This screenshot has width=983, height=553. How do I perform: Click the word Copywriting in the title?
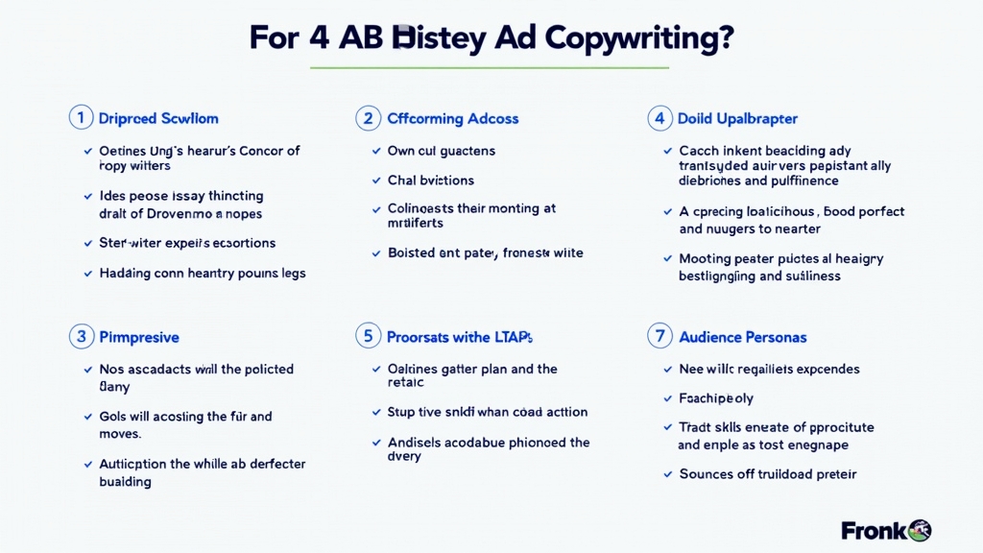(639, 37)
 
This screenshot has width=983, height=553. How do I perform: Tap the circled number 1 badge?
(81, 118)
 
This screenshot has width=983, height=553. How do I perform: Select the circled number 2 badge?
(368, 118)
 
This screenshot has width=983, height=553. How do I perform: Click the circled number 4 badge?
(659, 118)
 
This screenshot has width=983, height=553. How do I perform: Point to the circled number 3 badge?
(81, 337)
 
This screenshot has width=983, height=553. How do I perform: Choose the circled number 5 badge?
(368, 337)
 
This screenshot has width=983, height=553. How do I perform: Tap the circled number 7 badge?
(659, 337)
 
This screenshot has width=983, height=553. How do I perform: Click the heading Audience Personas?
(742, 337)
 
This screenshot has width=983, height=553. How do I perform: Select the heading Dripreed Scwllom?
(158, 119)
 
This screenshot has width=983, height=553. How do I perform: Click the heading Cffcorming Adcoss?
(452, 119)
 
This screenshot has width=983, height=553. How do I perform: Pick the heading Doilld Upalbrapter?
(737, 119)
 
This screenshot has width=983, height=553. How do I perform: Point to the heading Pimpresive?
(139, 337)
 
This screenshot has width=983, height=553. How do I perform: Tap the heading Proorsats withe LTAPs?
(459, 337)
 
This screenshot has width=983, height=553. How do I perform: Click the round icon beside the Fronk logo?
(919, 530)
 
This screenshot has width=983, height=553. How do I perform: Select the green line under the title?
(491, 68)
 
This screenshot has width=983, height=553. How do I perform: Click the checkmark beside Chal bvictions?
(377, 180)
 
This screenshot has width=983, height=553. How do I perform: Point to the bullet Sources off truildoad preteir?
(767, 473)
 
